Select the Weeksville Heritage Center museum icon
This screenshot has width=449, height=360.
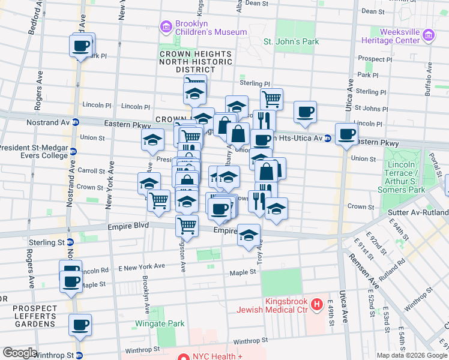tap(429, 36)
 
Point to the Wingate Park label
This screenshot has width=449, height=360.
tap(163, 323)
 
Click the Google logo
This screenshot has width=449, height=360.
tap(20, 353)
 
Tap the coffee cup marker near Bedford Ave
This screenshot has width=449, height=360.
tap(81, 46)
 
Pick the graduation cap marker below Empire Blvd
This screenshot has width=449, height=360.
tap(249, 236)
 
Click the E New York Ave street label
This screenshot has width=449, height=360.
tap(141, 266)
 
